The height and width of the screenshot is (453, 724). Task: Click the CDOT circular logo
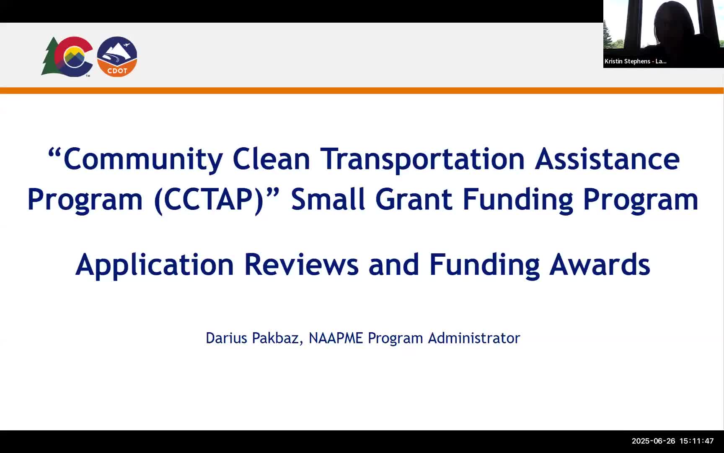pos(117,57)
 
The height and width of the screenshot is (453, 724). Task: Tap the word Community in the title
pos(143,159)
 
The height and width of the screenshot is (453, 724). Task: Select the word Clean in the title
pos(271,159)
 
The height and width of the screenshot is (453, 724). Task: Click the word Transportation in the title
pos(422,159)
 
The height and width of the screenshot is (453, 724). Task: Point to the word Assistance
pos(607,159)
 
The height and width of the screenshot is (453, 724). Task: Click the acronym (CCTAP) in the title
pos(209,200)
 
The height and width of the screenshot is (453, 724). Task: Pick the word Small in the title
pos(328,200)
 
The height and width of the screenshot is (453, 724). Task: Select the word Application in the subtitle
pos(155,265)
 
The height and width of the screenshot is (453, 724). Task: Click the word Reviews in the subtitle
pos(301,265)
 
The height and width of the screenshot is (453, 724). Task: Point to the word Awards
pos(600,265)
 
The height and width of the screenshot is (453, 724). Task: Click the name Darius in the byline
pos(226,338)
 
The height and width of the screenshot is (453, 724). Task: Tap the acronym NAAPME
pos(336,338)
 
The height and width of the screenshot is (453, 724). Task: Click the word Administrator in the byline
pos(474,338)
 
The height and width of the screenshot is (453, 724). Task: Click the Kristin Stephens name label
pos(635,61)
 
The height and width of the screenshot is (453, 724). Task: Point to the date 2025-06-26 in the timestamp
pos(653,441)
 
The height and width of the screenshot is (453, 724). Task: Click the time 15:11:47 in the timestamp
pos(696,441)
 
